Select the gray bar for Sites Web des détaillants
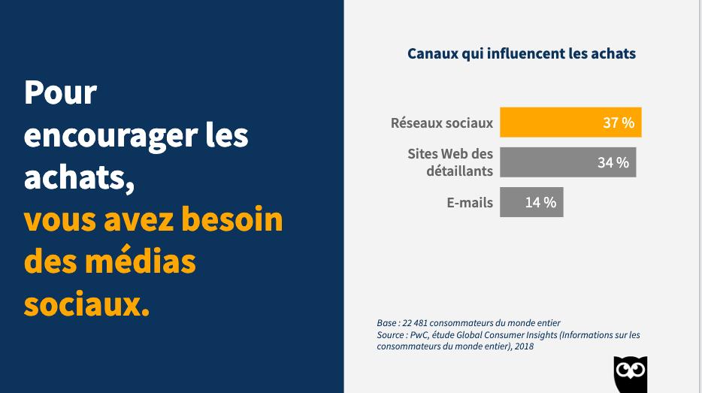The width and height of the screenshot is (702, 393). [x=549, y=162]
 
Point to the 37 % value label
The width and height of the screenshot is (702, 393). [x=619, y=122]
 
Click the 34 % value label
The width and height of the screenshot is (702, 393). [x=613, y=162]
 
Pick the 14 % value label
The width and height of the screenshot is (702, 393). [x=540, y=202]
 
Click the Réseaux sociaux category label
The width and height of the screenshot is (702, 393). [x=442, y=122]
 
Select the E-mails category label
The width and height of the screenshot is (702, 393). [x=470, y=202]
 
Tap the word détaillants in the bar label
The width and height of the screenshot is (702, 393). [x=459, y=171]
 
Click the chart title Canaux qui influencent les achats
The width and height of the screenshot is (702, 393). [x=522, y=53]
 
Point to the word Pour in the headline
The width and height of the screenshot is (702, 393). [x=61, y=93]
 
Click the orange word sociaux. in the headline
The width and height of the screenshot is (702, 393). [x=86, y=304]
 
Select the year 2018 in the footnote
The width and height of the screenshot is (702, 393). [x=525, y=346]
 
